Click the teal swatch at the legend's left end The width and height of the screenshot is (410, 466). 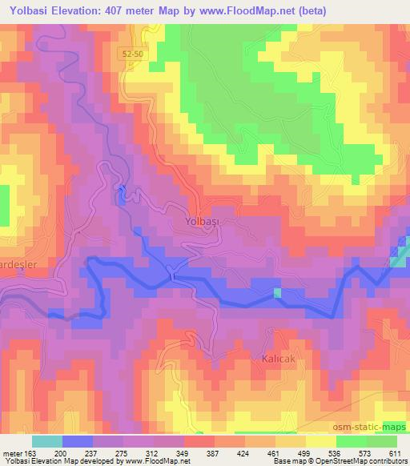[x=46, y=441]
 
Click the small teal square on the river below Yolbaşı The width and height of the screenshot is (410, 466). [x=278, y=293]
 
